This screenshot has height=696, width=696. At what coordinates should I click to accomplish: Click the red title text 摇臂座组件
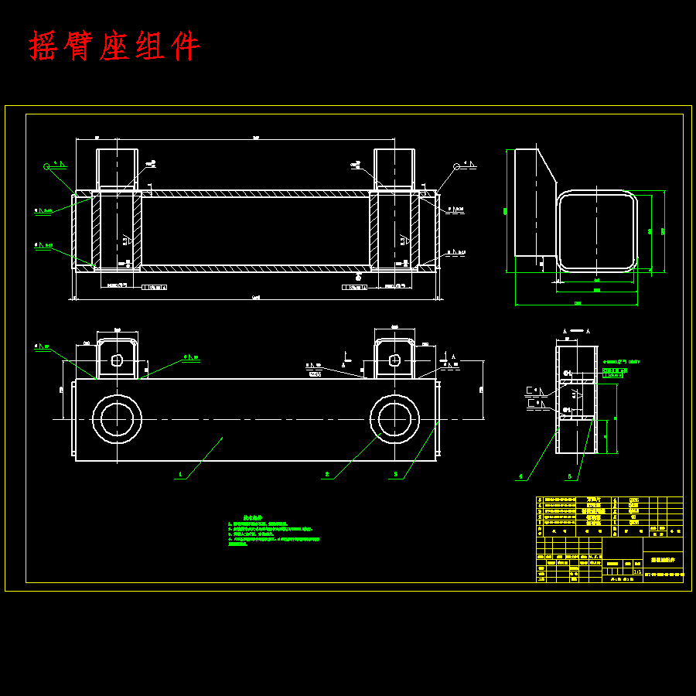[x=114, y=46]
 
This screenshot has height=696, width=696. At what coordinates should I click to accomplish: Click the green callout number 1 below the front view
[x=180, y=474]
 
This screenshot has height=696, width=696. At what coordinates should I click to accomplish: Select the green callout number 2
[x=327, y=474]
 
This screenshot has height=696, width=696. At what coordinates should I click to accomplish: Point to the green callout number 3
[x=395, y=474]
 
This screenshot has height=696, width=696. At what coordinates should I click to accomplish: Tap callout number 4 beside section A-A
[x=520, y=476]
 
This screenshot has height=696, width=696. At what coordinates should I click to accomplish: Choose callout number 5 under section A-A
[x=570, y=476]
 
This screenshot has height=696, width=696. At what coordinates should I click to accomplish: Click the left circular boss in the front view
[x=117, y=419]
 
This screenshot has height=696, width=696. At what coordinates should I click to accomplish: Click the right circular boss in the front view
[x=394, y=419]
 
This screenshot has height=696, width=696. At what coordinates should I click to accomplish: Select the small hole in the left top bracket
[x=117, y=360]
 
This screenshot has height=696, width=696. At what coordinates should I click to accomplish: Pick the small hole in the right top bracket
[x=394, y=360]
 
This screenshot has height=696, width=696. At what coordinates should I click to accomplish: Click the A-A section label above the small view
[x=576, y=331]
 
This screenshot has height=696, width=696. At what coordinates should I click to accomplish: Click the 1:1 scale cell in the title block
[x=636, y=572]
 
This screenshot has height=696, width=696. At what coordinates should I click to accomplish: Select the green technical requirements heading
[x=253, y=519]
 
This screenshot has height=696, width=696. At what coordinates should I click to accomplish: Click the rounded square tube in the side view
[x=599, y=230]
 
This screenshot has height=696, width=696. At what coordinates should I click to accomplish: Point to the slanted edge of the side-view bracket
[x=548, y=168]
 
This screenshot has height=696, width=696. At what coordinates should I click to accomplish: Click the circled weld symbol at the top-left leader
[x=47, y=165]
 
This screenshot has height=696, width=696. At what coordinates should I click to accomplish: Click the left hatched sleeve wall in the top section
[x=97, y=230]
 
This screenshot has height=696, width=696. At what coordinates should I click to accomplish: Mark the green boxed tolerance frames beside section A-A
[x=615, y=373]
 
